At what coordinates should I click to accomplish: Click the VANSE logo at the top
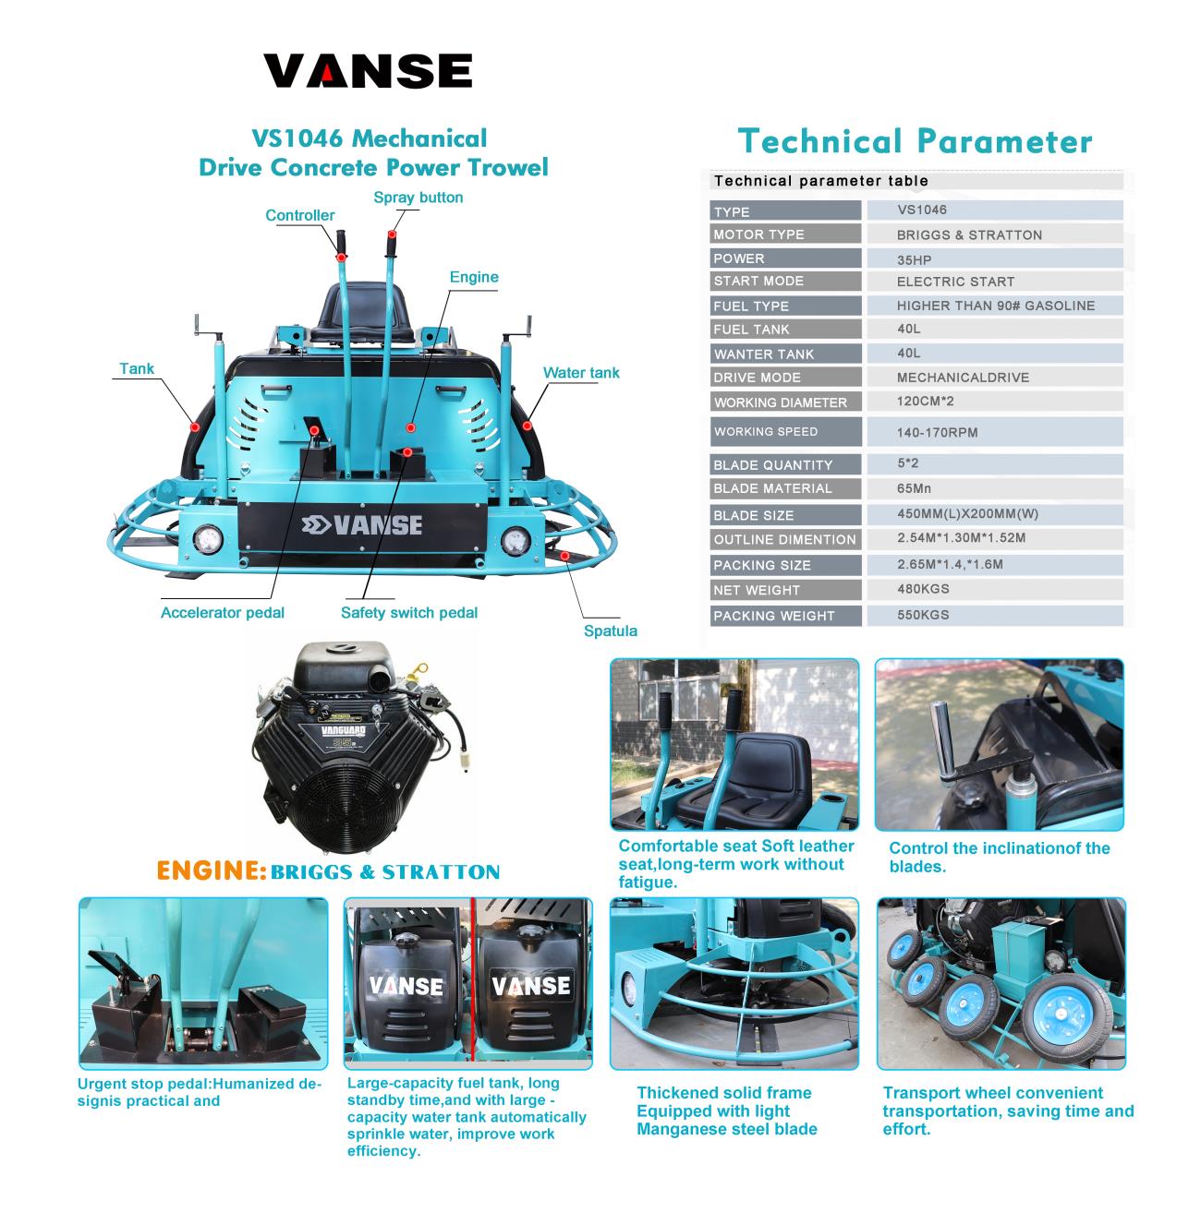(368, 70)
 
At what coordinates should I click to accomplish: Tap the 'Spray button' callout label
(418, 197)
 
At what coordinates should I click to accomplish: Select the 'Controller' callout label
(299, 215)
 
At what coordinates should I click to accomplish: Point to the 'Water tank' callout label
(580, 373)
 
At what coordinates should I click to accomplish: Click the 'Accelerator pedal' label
(223, 612)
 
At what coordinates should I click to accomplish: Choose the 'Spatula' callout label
(610, 631)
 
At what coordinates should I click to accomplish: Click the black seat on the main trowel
(362, 313)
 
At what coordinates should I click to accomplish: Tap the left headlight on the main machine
(207, 539)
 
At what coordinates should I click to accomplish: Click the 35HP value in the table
(914, 260)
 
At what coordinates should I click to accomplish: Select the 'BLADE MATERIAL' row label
(772, 488)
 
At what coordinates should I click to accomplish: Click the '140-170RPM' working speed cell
(937, 432)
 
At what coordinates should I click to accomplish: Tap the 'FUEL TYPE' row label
(750, 306)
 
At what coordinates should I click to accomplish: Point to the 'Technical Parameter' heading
(915, 141)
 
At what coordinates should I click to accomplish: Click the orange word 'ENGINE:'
(211, 871)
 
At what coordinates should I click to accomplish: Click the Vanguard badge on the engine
(343, 731)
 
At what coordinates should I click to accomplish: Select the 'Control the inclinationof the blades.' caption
(999, 857)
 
